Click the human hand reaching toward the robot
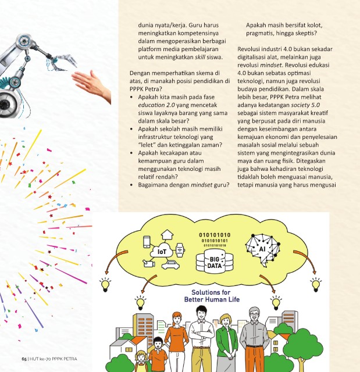click(93, 84)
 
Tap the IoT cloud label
click(161, 252)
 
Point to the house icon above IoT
click(167, 235)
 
